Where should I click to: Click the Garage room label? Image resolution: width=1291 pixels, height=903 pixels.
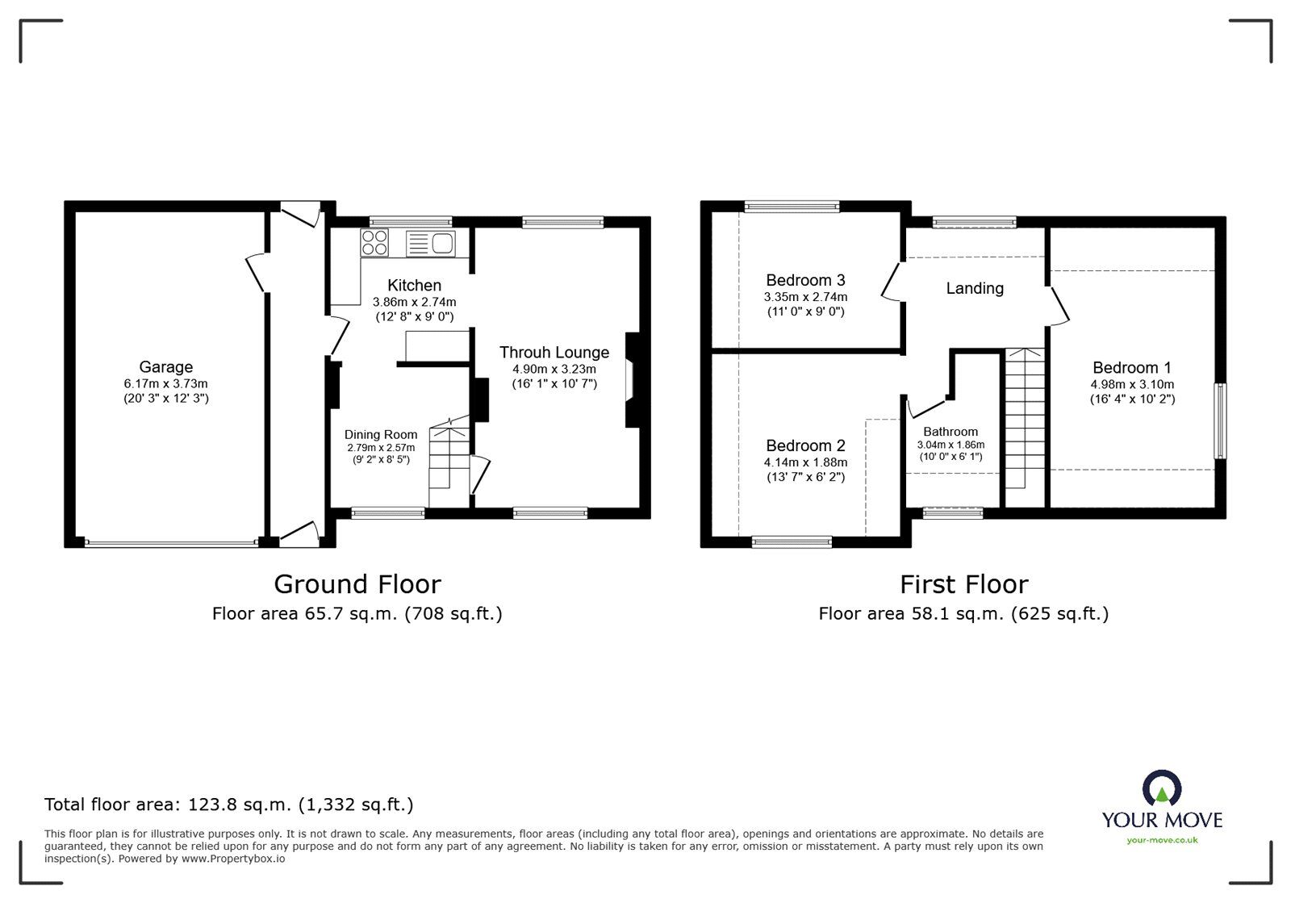(x=165, y=367)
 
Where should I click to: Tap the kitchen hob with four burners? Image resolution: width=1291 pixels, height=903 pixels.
(x=374, y=241)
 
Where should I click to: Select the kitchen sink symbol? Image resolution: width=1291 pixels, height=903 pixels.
(x=432, y=242)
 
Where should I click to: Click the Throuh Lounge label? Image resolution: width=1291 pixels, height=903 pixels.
(x=554, y=353)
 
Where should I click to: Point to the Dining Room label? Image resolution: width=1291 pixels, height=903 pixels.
(x=381, y=435)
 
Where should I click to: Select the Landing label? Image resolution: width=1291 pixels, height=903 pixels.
(x=975, y=288)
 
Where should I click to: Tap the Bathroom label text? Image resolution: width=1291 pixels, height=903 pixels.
(x=950, y=432)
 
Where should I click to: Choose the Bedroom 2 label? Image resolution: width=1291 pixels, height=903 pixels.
(x=805, y=445)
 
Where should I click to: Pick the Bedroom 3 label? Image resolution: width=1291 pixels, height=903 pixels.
(x=805, y=280)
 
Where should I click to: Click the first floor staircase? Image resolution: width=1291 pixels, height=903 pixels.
(x=1024, y=420)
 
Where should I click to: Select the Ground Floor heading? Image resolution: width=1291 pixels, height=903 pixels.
(x=357, y=584)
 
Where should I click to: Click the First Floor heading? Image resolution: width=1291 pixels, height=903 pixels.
(x=963, y=584)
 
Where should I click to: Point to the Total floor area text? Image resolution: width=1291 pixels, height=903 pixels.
(x=228, y=805)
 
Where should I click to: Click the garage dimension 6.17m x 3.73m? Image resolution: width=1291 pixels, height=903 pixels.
(x=165, y=384)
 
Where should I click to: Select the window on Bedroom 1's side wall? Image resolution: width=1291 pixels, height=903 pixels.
(x=1222, y=421)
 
